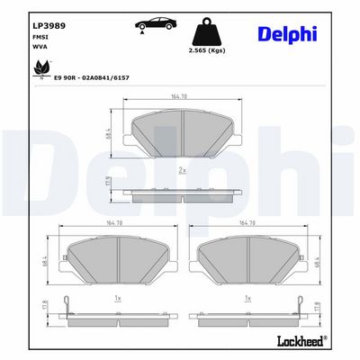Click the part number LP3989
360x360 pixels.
(x=49, y=26)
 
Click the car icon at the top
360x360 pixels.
(x=156, y=24)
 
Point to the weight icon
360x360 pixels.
(x=207, y=31)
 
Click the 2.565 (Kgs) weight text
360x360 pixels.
(x=207, y=50)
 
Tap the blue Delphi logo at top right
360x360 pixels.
(x=287, y=34)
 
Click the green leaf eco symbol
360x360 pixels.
(x=41, y=68)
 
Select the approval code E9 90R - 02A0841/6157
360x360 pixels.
(x=91, y=78)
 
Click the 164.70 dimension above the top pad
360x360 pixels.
(x=179, y=96)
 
